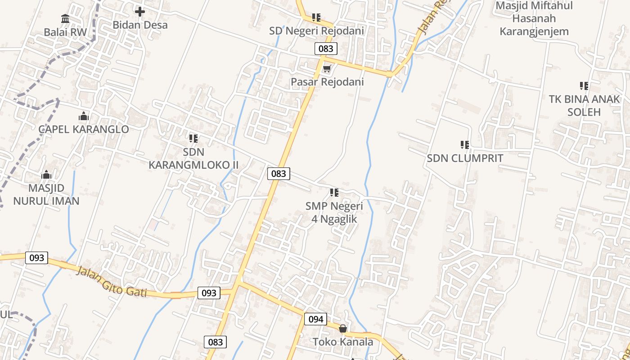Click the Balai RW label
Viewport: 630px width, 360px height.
coord(62,32)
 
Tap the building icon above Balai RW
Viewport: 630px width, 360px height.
coord(65,19)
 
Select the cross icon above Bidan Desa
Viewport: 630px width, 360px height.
coord(140,12)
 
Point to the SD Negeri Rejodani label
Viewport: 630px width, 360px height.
coord(316,31)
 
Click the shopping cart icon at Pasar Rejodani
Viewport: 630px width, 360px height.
coord(327,69)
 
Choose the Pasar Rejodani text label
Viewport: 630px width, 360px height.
coord(327,82)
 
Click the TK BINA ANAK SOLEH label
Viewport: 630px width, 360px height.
coord(584,105)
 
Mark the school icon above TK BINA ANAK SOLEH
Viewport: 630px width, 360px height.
coord(584,85)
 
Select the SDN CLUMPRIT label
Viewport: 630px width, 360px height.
coord(465,158)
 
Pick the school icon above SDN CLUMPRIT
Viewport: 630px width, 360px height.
coord(465,145)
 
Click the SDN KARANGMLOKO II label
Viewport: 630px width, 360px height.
coord(193,158)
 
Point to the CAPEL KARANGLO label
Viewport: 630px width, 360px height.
coord(84,129)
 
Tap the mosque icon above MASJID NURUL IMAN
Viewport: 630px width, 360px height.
coord(46,175)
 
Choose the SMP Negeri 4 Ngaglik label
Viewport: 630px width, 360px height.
coord(334,212)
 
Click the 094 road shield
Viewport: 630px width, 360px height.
coord(316,319)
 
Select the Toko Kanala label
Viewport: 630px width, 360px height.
coord(343,342)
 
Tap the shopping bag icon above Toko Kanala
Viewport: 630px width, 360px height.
coord(343,328)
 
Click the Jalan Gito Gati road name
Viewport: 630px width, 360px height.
coord(112,282)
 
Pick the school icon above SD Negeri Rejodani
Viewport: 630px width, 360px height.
coord(316,18)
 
